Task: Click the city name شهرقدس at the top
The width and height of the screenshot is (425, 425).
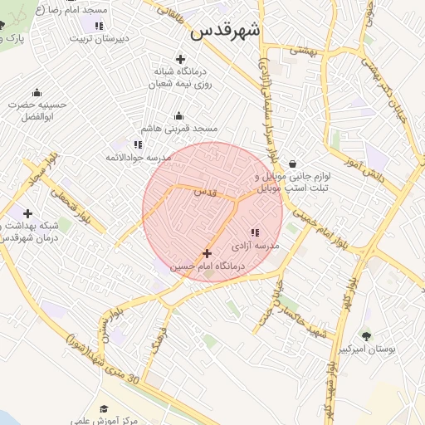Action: (x=225, y=30)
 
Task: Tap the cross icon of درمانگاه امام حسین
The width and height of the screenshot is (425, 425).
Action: (x=207, y=252)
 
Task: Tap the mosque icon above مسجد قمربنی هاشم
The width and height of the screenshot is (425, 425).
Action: (x=178, y=115)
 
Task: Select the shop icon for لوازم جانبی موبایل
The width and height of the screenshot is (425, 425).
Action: (x=294, y=164)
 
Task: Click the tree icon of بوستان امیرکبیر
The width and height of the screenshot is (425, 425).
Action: (x=366, y=335)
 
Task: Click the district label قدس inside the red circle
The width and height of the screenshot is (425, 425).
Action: (x=204, y=192)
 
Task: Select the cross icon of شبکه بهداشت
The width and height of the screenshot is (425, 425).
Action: (x=28, y=214)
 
